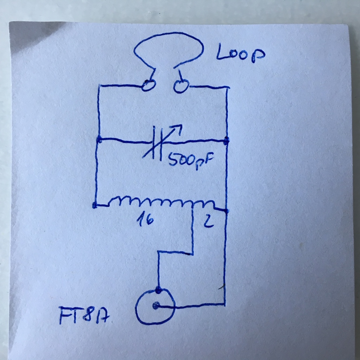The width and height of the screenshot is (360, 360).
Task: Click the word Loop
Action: [x=240, y=54]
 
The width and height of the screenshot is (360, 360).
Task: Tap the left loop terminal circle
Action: [x=148, y=86]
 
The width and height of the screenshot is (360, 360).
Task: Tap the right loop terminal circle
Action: [x=181, y=86]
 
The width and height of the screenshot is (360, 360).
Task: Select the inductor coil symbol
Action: [x=162, y=202]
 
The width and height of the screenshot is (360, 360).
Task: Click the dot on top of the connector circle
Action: [x=159, y=290]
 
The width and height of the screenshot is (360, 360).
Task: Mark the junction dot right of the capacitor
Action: [x=227, y=140]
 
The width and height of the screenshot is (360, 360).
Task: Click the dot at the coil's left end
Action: [x=95, y=206]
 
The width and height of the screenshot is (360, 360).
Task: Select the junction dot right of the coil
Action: [x=226, y=211]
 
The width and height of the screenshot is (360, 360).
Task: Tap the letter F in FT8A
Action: [x=64, y=315]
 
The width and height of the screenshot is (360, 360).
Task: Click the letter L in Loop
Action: [x=222, y=53]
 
